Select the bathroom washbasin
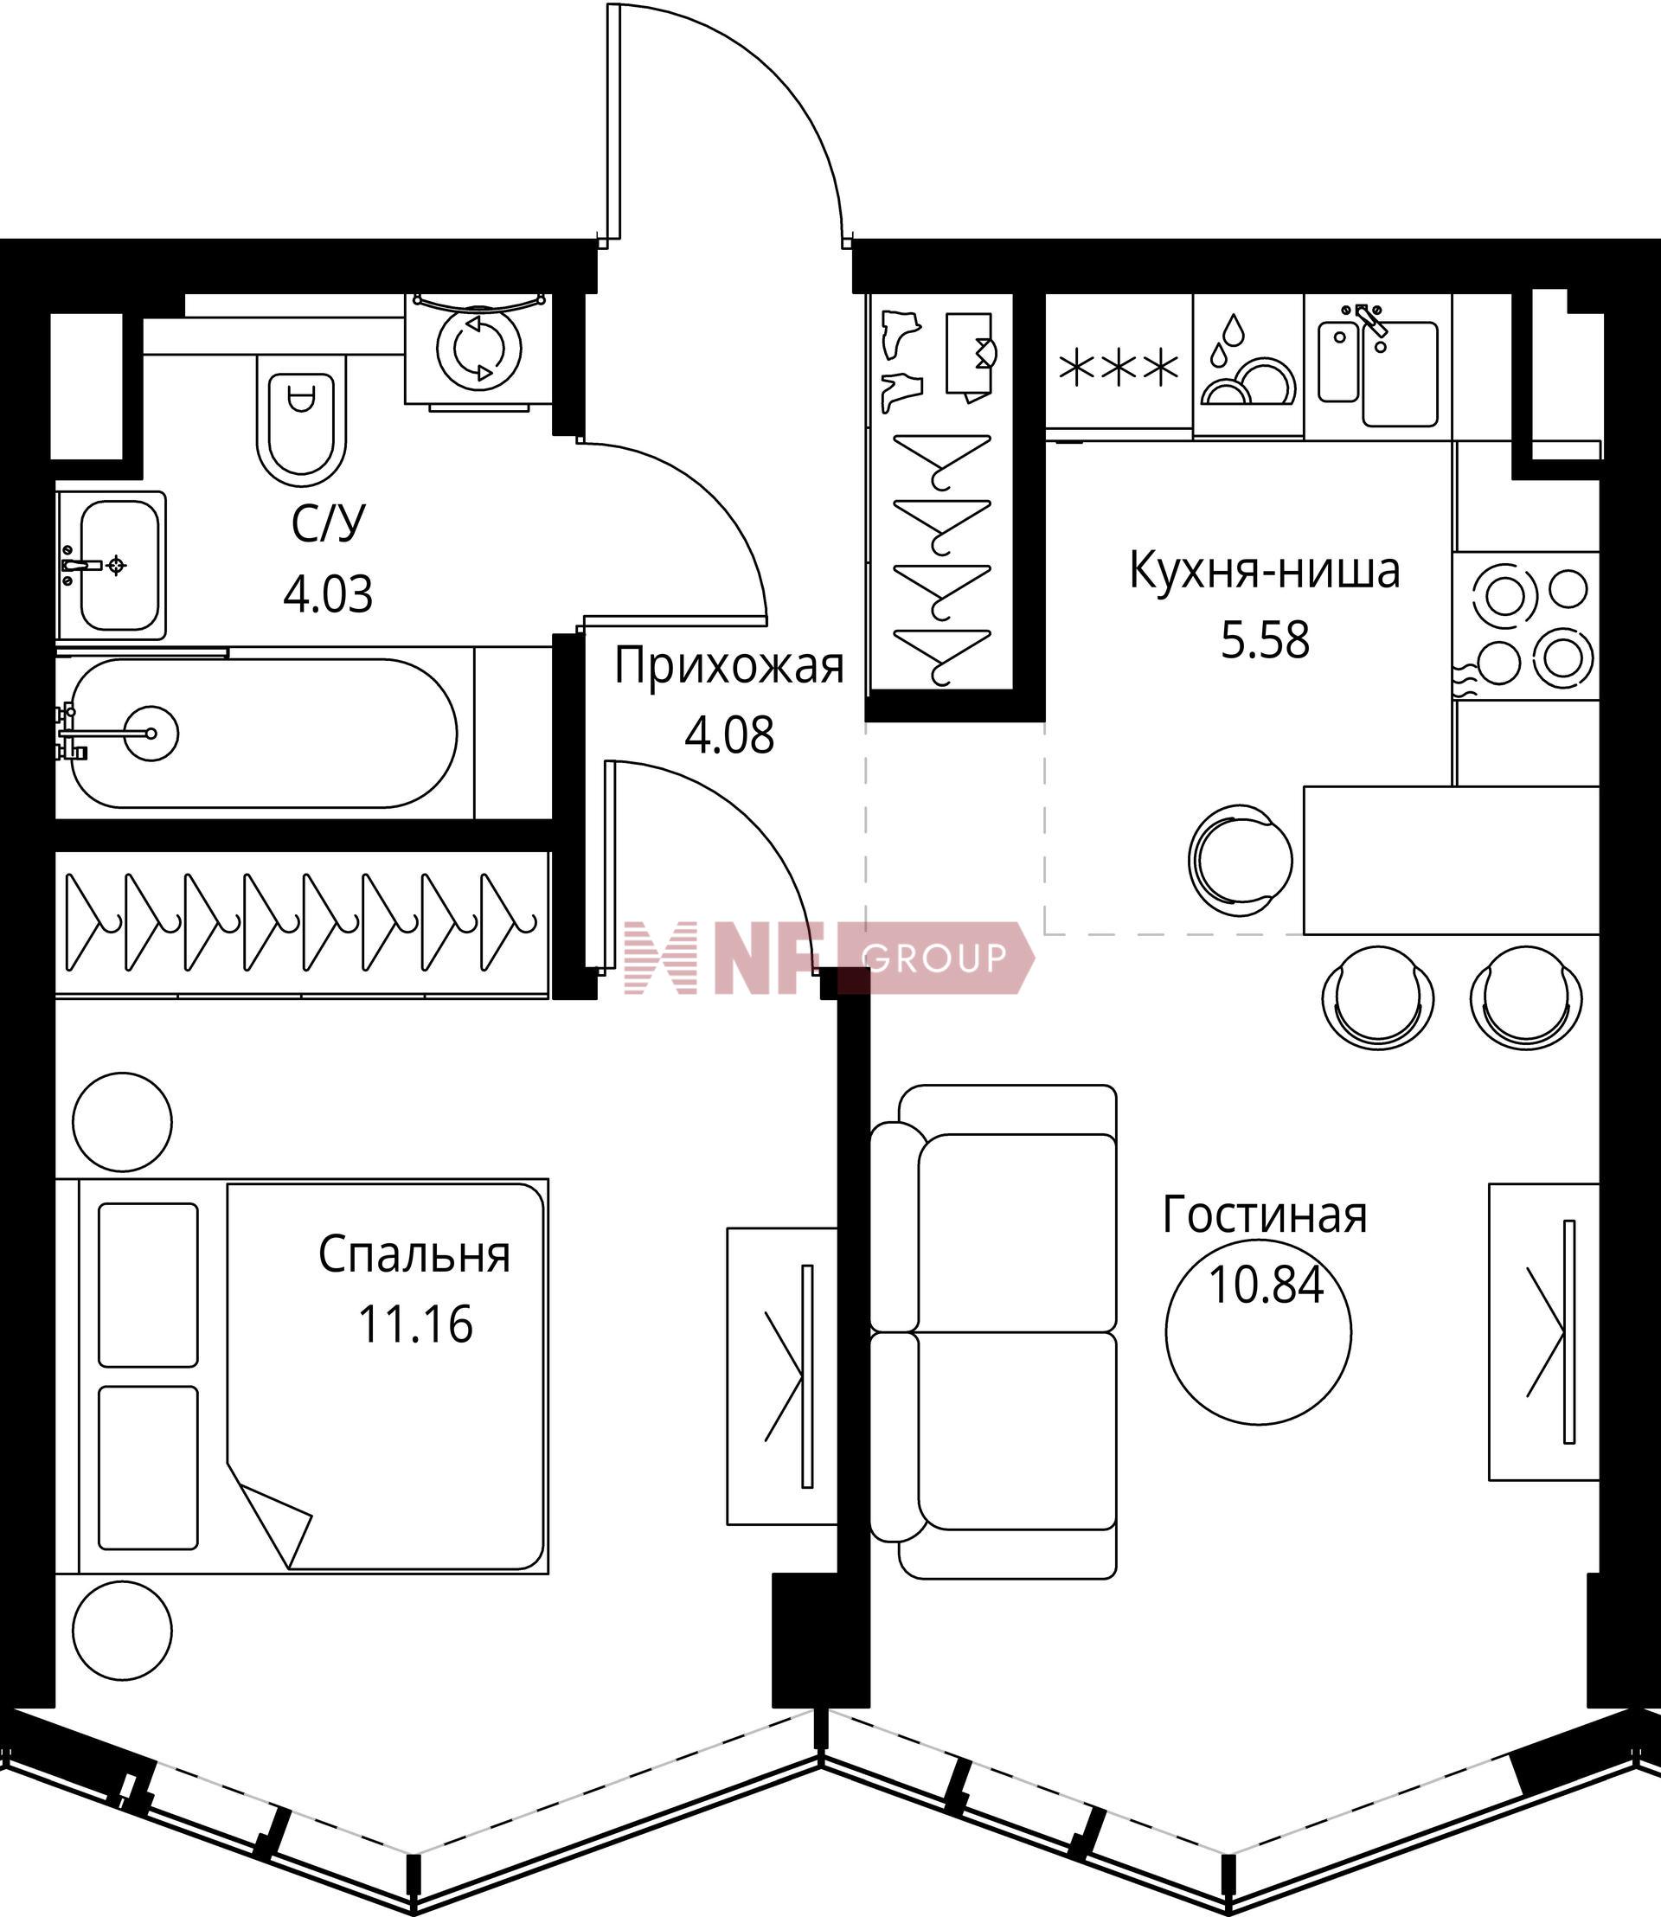(x=112, y=565)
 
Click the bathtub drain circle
(x=151, y=734)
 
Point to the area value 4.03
(x=328, y=594)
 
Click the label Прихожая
(x=729, y=666)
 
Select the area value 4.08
(x=729, y=735)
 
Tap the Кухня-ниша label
(x=1264, y=571)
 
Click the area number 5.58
(x=1265, y=639)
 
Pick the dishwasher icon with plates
(x=1247, y=363)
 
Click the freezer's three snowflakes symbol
(x=1119, y=368)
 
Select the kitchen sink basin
(x=1400, y=373)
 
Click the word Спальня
(x=414, y=1255)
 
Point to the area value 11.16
(x=415, y=1324)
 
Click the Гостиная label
(x=1264, y=1215)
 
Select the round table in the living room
(x=1258, y=1336)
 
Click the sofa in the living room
(x=994, y=1332)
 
